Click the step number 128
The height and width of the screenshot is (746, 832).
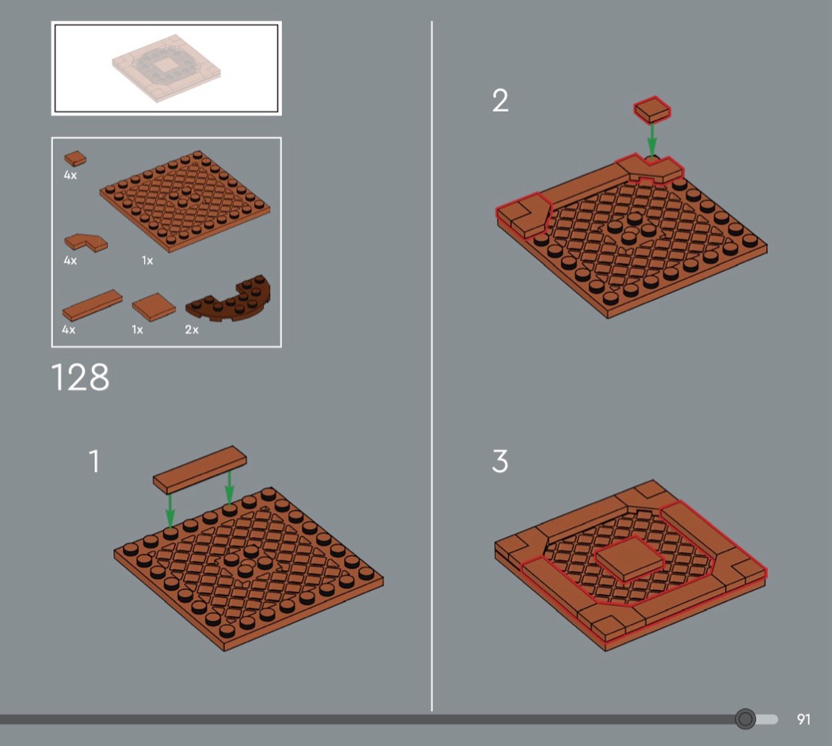[80, 378]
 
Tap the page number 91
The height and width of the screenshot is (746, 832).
[803, 720]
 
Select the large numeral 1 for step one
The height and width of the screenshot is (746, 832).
[94, 461]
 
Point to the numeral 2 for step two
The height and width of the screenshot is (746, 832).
[500, 101]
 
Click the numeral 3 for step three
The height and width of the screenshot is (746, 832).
[500, 461]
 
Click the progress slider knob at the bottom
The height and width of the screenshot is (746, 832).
[746, 719]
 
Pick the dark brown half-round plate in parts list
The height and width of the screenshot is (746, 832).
[229, 299]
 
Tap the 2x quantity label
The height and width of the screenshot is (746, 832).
[192, 329]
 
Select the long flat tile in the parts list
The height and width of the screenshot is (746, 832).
[92, 305]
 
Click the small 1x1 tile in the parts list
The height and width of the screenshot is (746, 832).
[75, 158]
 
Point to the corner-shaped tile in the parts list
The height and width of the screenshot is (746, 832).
[86, 242]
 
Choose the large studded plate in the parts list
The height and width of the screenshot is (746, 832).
[185, 200]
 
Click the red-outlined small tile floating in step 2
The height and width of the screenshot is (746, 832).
[652, 110]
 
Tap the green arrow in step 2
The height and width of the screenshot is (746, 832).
[652, 139]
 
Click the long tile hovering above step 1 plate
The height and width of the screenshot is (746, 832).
[200, 470]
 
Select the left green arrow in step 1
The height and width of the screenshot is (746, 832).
[170, 511]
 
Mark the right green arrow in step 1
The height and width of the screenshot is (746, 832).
[229, 487]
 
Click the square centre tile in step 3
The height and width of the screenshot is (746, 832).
[629, 559]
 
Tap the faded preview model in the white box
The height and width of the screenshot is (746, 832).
[166, 68]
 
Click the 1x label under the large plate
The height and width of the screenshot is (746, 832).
[147, 261]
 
